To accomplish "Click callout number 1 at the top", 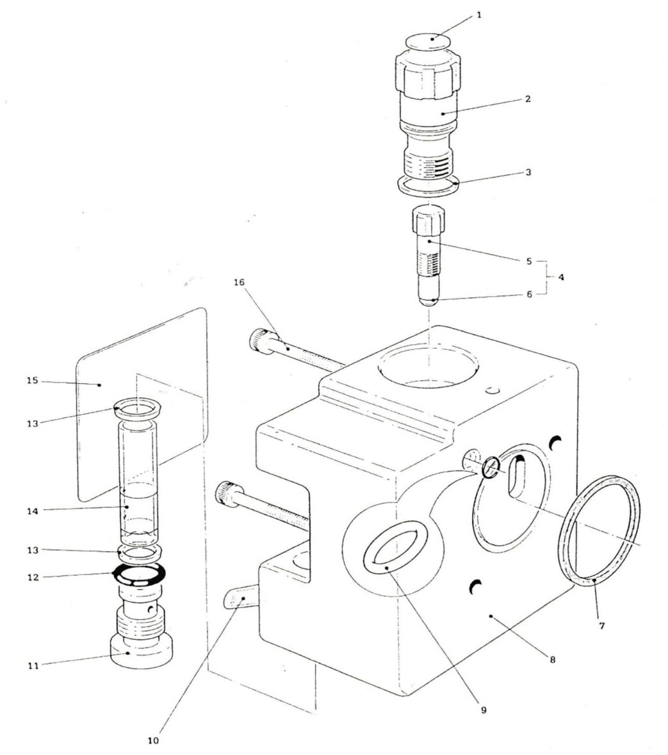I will click(x=479, y=14).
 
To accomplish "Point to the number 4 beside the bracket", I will click(x=561, y=278).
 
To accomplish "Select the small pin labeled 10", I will click(x=240, y=601).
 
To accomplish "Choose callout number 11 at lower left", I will click(x=32, y=665).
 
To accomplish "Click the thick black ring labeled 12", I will click(x=140, y=574).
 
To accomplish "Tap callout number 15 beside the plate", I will click(x=32, y=381).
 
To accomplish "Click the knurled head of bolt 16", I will click(x=259, y=338).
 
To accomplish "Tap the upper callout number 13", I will click(x=32, y=423).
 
